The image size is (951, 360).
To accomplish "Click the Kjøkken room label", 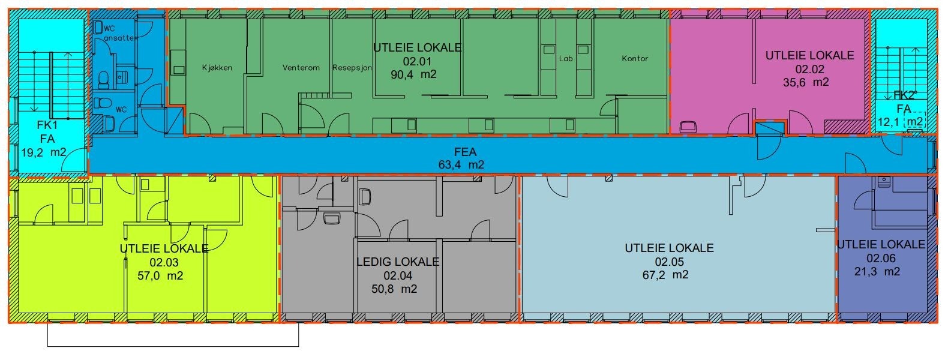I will pyautogui.click(x=217, y=68).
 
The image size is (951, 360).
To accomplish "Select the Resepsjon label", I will pyautogui.click(x=352, y=68).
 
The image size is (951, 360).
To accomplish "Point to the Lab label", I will pyautogui.click(x=566, y=59).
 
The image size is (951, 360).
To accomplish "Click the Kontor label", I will pyautogui.click(x=635, y=59).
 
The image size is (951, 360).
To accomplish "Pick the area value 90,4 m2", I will pyautogui.click(x=413, y=75).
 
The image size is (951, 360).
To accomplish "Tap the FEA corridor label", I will pyautogui.click(x=465, y=152).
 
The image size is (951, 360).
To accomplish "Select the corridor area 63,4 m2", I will pyautogui.click(x=461, y=164).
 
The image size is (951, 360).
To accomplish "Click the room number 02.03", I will pyautogui.click(x=164, y=263).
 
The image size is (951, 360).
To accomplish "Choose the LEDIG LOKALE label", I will pyautogui.click(x=398, y=262).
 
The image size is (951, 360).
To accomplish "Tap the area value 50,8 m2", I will pyautogui.click(x=394, y=289).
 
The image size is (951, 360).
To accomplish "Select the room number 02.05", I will pyautogui.click(x=669, y=262).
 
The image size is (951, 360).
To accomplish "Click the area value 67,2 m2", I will pyautogui.click(x=665, y=275).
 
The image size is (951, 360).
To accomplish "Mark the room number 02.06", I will pyautogui.click(x=881, y=258).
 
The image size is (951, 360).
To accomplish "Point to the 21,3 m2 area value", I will pyautogui.click(x=877, y=271).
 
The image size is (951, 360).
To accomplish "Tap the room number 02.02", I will pyautogui.click(x=809, y=69).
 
